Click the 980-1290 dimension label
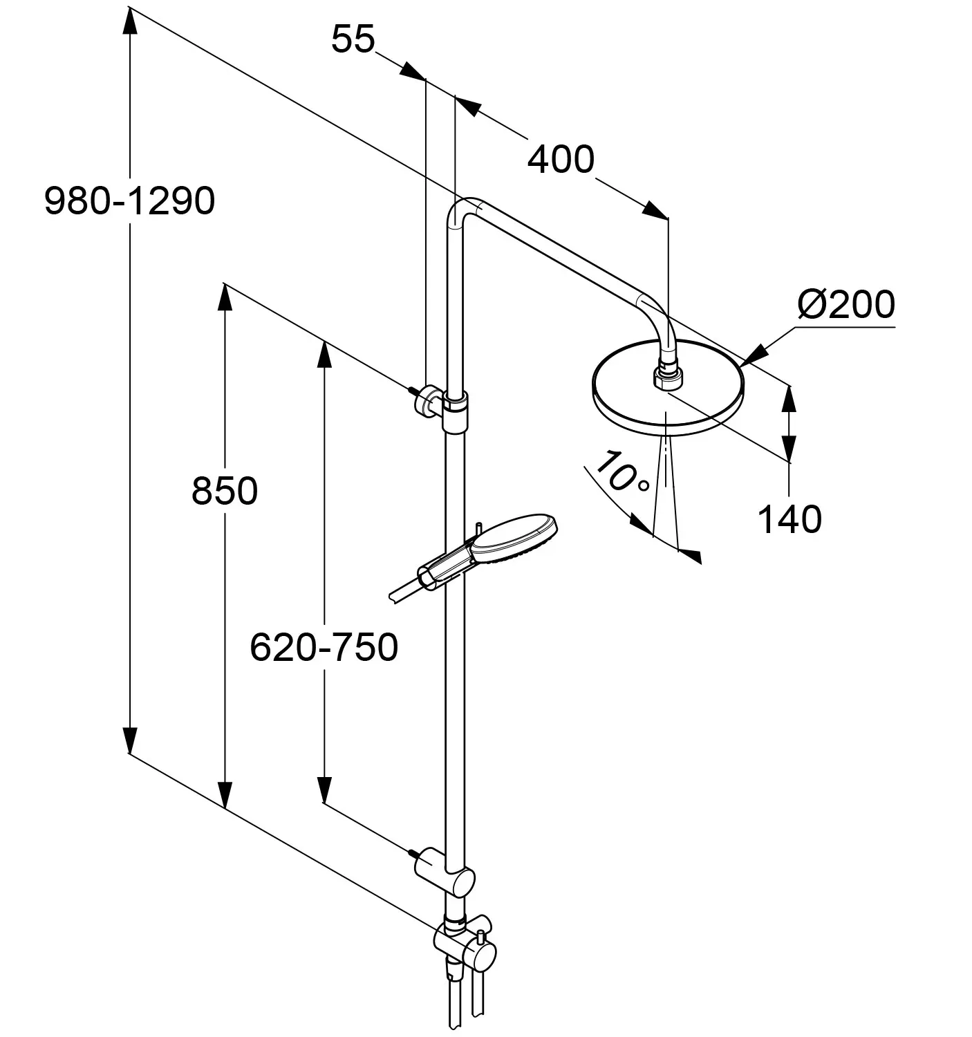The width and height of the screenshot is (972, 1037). [x=129, y=201]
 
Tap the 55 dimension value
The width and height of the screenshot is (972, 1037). [x=353, y=39]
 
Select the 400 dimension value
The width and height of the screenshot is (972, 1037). [x=560, y=160]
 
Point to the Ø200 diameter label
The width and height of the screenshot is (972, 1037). [x=845, y=304]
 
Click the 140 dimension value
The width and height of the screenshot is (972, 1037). [x=789, y=518]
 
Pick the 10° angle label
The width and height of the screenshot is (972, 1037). [x=621, y=472]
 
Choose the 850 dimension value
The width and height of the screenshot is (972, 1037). [x=225, y=492]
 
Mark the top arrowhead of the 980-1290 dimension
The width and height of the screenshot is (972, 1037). [x=129, y=21]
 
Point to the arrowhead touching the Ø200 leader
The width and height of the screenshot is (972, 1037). [x=751, y=355]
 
